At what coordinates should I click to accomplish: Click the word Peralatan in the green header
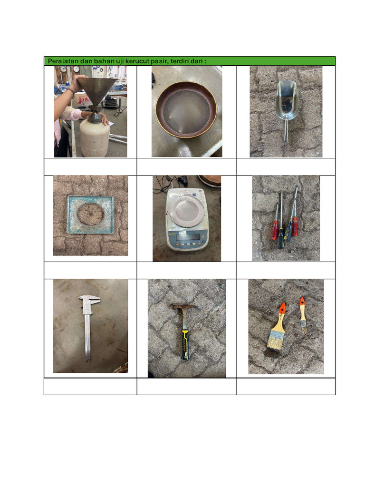click(x=63, y=61)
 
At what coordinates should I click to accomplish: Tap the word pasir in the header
click(x=159, y=61)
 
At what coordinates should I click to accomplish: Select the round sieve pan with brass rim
click(x=186, y=109)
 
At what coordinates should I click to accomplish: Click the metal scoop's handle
click(x=286, y=131)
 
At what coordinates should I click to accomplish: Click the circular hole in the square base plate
click(x=90, y=214)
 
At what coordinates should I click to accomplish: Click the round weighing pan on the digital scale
click(x=186, y=210)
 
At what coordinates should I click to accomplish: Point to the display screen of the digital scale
click(x=187, y=237)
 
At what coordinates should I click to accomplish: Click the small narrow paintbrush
click(x=303, y=315)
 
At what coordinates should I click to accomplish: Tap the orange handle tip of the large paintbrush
click(x=282, y=308)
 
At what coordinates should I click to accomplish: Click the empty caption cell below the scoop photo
click(x=286, y=167)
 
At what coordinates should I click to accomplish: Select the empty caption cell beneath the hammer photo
click(x=187, y=386)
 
